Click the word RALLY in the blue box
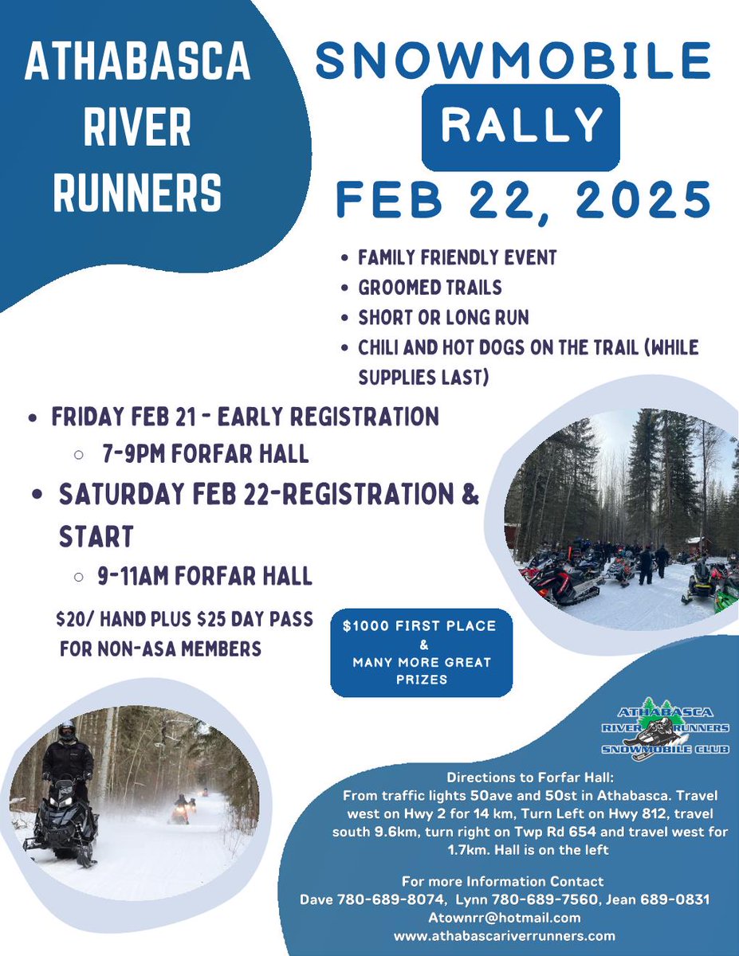coord(521,126)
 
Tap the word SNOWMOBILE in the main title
coord(513,61)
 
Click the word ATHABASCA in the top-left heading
coord(138,65)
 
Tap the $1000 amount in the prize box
coord(363,626)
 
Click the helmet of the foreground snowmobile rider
coord(68,730)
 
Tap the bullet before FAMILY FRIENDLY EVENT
coord(343,258)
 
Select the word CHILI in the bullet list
coord(384,347)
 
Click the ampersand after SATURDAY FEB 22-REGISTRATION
coord(470,496)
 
